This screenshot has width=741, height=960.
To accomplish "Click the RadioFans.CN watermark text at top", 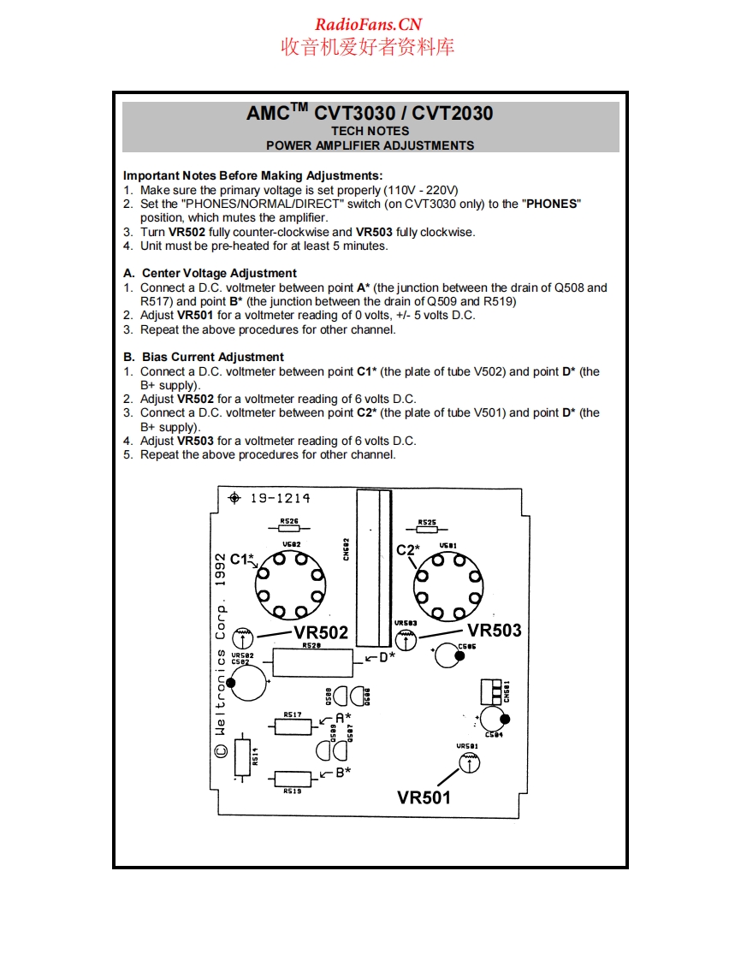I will point(368,25).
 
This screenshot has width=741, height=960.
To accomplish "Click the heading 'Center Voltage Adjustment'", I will point(219,274).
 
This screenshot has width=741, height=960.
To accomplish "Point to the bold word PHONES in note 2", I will point(553,204).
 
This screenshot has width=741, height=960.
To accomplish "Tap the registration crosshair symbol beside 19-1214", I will point(235,498).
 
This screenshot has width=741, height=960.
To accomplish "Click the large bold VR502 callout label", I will point(321,633).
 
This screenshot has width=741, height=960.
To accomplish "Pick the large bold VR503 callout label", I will point(495,631).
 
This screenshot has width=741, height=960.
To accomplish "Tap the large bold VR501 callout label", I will point(424,797).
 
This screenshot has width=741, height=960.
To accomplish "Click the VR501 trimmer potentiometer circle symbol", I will point(467,763).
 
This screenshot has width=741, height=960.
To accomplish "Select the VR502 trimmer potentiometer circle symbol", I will point(243,636).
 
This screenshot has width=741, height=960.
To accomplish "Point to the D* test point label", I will point(388,657).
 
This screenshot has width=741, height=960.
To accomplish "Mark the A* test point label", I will point(343,719).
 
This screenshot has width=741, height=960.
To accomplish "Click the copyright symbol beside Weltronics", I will point(221,750).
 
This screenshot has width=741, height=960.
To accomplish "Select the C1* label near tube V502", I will point(242,560).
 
